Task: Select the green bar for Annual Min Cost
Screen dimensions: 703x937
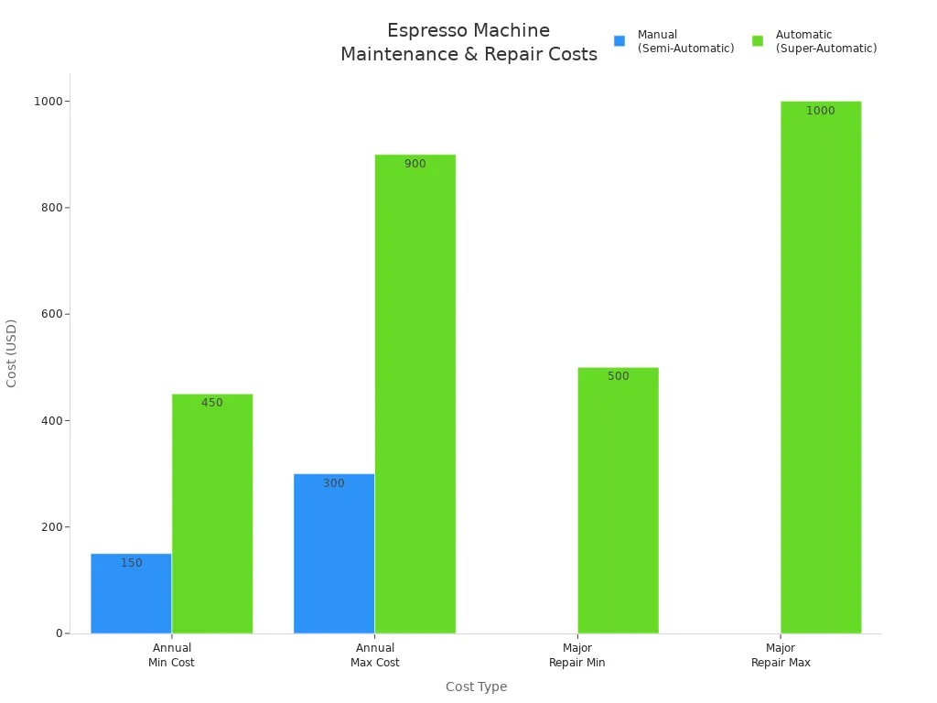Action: coord(212,514)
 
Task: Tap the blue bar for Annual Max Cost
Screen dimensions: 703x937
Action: coord(334,553)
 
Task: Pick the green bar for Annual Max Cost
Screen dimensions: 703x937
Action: coord(415,394)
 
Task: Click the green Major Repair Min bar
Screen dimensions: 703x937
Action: coord(618,500)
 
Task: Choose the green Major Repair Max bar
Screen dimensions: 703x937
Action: coord(821,367)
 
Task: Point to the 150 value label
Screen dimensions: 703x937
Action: coord(132,563)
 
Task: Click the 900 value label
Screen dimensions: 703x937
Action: coord(415,164)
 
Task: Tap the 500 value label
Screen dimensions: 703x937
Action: coord(619,376)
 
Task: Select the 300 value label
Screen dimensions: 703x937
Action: coord(334,483)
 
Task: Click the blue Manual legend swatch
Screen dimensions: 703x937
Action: coord(619,41)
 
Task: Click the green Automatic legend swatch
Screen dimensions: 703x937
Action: coord(758,41)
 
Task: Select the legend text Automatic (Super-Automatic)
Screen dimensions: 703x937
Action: coord(825,41)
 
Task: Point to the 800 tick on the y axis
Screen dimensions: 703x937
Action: coord(50,208)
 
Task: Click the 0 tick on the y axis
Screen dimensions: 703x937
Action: coord(59,633)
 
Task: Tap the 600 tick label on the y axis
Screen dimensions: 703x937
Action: coord(50,314)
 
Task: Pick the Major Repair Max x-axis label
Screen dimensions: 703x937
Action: coord(781,655)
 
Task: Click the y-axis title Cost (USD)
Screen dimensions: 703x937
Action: coord(12,353)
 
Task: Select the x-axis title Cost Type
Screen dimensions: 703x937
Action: coord(476,687)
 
